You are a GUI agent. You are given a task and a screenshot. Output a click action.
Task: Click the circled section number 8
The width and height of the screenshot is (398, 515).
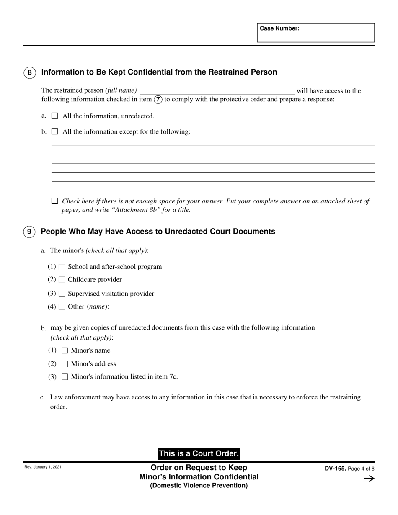pyautogui.click(x=29, y=72)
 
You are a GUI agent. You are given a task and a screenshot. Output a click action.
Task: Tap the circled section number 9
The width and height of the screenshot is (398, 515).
pyautogui.click(x=29, y=232)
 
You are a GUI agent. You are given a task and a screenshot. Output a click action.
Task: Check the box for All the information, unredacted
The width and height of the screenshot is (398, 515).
pyautogui.click(x=54, y=116)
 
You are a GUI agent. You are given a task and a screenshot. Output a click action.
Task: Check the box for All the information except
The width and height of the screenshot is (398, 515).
pyautogui.click(x=54, y=131)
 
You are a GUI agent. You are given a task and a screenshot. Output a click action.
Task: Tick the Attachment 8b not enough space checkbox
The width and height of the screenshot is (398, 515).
pyautogui.click(x=54, y=201)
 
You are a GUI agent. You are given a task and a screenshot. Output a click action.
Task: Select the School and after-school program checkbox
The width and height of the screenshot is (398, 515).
pyautogui.click(x=62, y=267)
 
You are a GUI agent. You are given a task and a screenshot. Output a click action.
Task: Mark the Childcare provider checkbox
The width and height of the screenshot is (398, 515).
pyautogui.click(x=62, y=280)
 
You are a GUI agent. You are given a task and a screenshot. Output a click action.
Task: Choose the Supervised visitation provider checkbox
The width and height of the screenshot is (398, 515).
pyautogui.click(x=62, y=294)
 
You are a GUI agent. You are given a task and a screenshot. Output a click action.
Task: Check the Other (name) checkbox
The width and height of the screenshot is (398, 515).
pyautogui.click(x=62, y=307)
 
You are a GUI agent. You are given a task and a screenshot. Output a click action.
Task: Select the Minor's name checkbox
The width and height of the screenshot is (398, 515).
pyautogui.click(x=65, y=350)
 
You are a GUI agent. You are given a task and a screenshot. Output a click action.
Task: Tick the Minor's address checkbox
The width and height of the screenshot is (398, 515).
pyautogui.click(x=65, y=364)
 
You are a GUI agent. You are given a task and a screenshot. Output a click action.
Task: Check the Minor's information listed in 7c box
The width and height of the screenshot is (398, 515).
pyautogui.click(x=65, y=377)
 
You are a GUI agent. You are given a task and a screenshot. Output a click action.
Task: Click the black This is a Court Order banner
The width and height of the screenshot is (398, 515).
pyautogui.click(x=199, y=453)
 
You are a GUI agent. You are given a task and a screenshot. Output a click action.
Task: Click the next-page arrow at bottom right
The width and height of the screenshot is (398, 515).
pyautogui.click(x=369, y=479)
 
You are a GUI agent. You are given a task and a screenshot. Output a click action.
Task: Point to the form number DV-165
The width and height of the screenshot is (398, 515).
pyautogui.click(x=335, y=469)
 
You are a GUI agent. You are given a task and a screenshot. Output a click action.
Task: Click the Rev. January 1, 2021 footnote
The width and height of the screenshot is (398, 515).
pyautogui.click(x=43, y=467)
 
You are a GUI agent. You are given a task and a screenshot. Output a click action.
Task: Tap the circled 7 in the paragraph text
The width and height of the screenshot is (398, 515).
pyautogui.click(x=158, y=100)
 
